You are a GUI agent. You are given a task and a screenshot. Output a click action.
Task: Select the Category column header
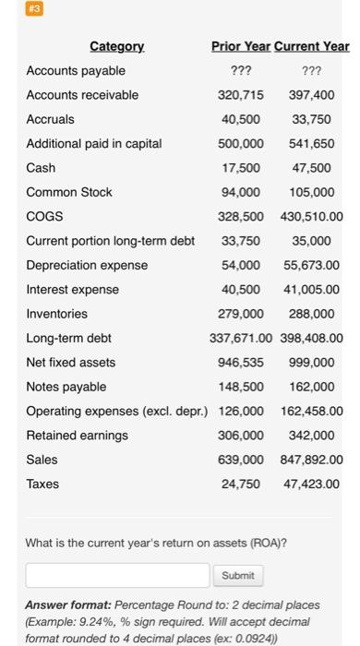tap(116, 46)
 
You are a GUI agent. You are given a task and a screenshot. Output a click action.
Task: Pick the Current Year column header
tap(312, 46)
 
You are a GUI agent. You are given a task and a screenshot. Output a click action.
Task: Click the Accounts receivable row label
tap(82, 95)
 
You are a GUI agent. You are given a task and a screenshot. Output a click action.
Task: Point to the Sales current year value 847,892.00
tap(308, 460)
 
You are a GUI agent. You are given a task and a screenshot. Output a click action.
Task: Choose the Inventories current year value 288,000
tap(312, 314)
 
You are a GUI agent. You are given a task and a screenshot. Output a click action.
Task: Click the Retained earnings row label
tap(78, 435)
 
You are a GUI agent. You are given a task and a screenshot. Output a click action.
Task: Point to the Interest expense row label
tap(73, 289)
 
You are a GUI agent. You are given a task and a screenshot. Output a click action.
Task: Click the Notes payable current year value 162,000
tap(312, 387)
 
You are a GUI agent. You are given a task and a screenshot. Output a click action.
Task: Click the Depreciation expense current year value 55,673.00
tap(308, 265)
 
